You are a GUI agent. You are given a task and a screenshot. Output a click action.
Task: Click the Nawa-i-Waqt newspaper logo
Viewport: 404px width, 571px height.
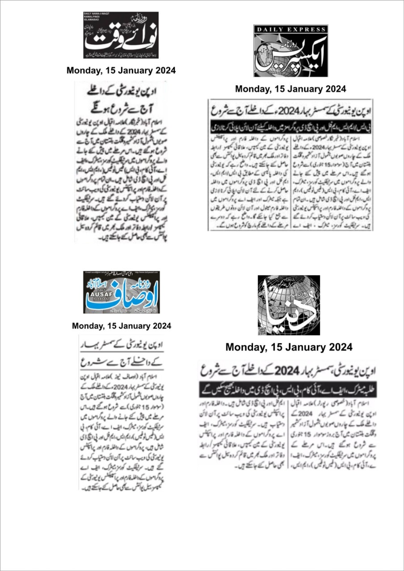(x=121, y=35)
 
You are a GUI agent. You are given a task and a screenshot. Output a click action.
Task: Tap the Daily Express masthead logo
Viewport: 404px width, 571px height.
(x=290, y=51)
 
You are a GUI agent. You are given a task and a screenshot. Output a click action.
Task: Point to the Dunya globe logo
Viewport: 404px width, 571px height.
(x=289, y=305)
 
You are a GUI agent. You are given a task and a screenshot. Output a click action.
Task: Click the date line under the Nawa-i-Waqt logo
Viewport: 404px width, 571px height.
(x=121, y=70)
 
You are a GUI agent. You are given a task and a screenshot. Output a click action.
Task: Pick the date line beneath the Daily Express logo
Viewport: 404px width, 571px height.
(x=290, y=89)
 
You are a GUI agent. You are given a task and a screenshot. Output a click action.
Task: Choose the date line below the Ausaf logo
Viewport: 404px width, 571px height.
(x=121, y=326)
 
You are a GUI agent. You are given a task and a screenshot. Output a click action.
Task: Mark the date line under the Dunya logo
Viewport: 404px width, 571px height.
(x=289, y=347)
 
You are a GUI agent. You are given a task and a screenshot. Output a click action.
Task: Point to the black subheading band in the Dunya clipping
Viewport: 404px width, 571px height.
(x=288, y=389)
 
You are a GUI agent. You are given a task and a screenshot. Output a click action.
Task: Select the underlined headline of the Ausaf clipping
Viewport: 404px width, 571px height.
(x=121, y=352)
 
